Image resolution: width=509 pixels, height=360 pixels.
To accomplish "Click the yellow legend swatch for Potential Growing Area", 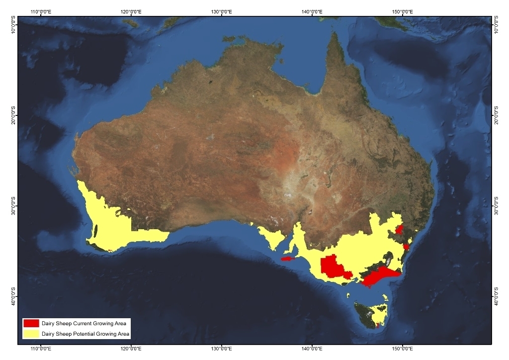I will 31,334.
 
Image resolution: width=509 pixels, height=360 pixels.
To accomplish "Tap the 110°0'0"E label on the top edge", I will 42,10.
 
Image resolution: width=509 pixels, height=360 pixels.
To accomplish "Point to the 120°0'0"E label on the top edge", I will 130,10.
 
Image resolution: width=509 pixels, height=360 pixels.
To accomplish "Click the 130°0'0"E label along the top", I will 221,10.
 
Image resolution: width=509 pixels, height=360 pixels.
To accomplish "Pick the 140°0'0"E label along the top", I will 312,10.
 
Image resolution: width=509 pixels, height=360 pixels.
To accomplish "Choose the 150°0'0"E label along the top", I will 402,10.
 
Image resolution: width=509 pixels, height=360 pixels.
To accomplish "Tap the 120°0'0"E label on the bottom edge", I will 130,350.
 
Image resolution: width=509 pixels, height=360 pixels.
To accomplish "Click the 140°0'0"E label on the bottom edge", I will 312,350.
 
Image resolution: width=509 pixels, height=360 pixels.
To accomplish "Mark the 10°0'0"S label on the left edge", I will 13,24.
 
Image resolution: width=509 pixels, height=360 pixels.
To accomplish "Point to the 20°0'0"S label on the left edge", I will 13,115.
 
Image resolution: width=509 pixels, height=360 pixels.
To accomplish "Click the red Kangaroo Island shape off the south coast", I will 288,259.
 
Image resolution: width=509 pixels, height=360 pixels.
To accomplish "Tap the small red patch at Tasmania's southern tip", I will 377,326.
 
